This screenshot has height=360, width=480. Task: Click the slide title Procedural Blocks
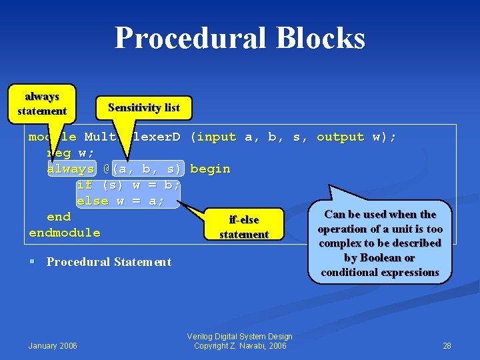(239, 38)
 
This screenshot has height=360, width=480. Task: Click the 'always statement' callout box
(42, 104)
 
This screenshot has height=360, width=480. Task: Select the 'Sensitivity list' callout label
(145, 107)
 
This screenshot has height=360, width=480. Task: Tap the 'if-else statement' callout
(243, 227)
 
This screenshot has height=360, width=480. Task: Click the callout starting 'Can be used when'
(379, 243)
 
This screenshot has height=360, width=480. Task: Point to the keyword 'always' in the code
(71, 169)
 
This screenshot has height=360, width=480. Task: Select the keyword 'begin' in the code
(210, 169)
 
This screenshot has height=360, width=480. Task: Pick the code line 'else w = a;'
(121, 201)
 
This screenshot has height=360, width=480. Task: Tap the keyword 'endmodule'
(65, 233)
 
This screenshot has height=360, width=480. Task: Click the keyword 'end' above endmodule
(59, 217)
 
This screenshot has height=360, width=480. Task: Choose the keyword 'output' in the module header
(340, 137)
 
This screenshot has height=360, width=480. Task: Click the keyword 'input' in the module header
(217, 137)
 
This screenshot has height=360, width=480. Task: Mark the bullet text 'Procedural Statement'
(109, 262)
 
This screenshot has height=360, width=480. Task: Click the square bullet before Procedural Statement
(33, 262)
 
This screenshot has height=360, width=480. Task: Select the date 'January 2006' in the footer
(53, 345)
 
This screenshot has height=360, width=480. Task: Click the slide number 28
(447, 345)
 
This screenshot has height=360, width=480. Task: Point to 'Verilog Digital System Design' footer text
(239, 337)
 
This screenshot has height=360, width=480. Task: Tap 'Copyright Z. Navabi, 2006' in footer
(239, 345)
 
